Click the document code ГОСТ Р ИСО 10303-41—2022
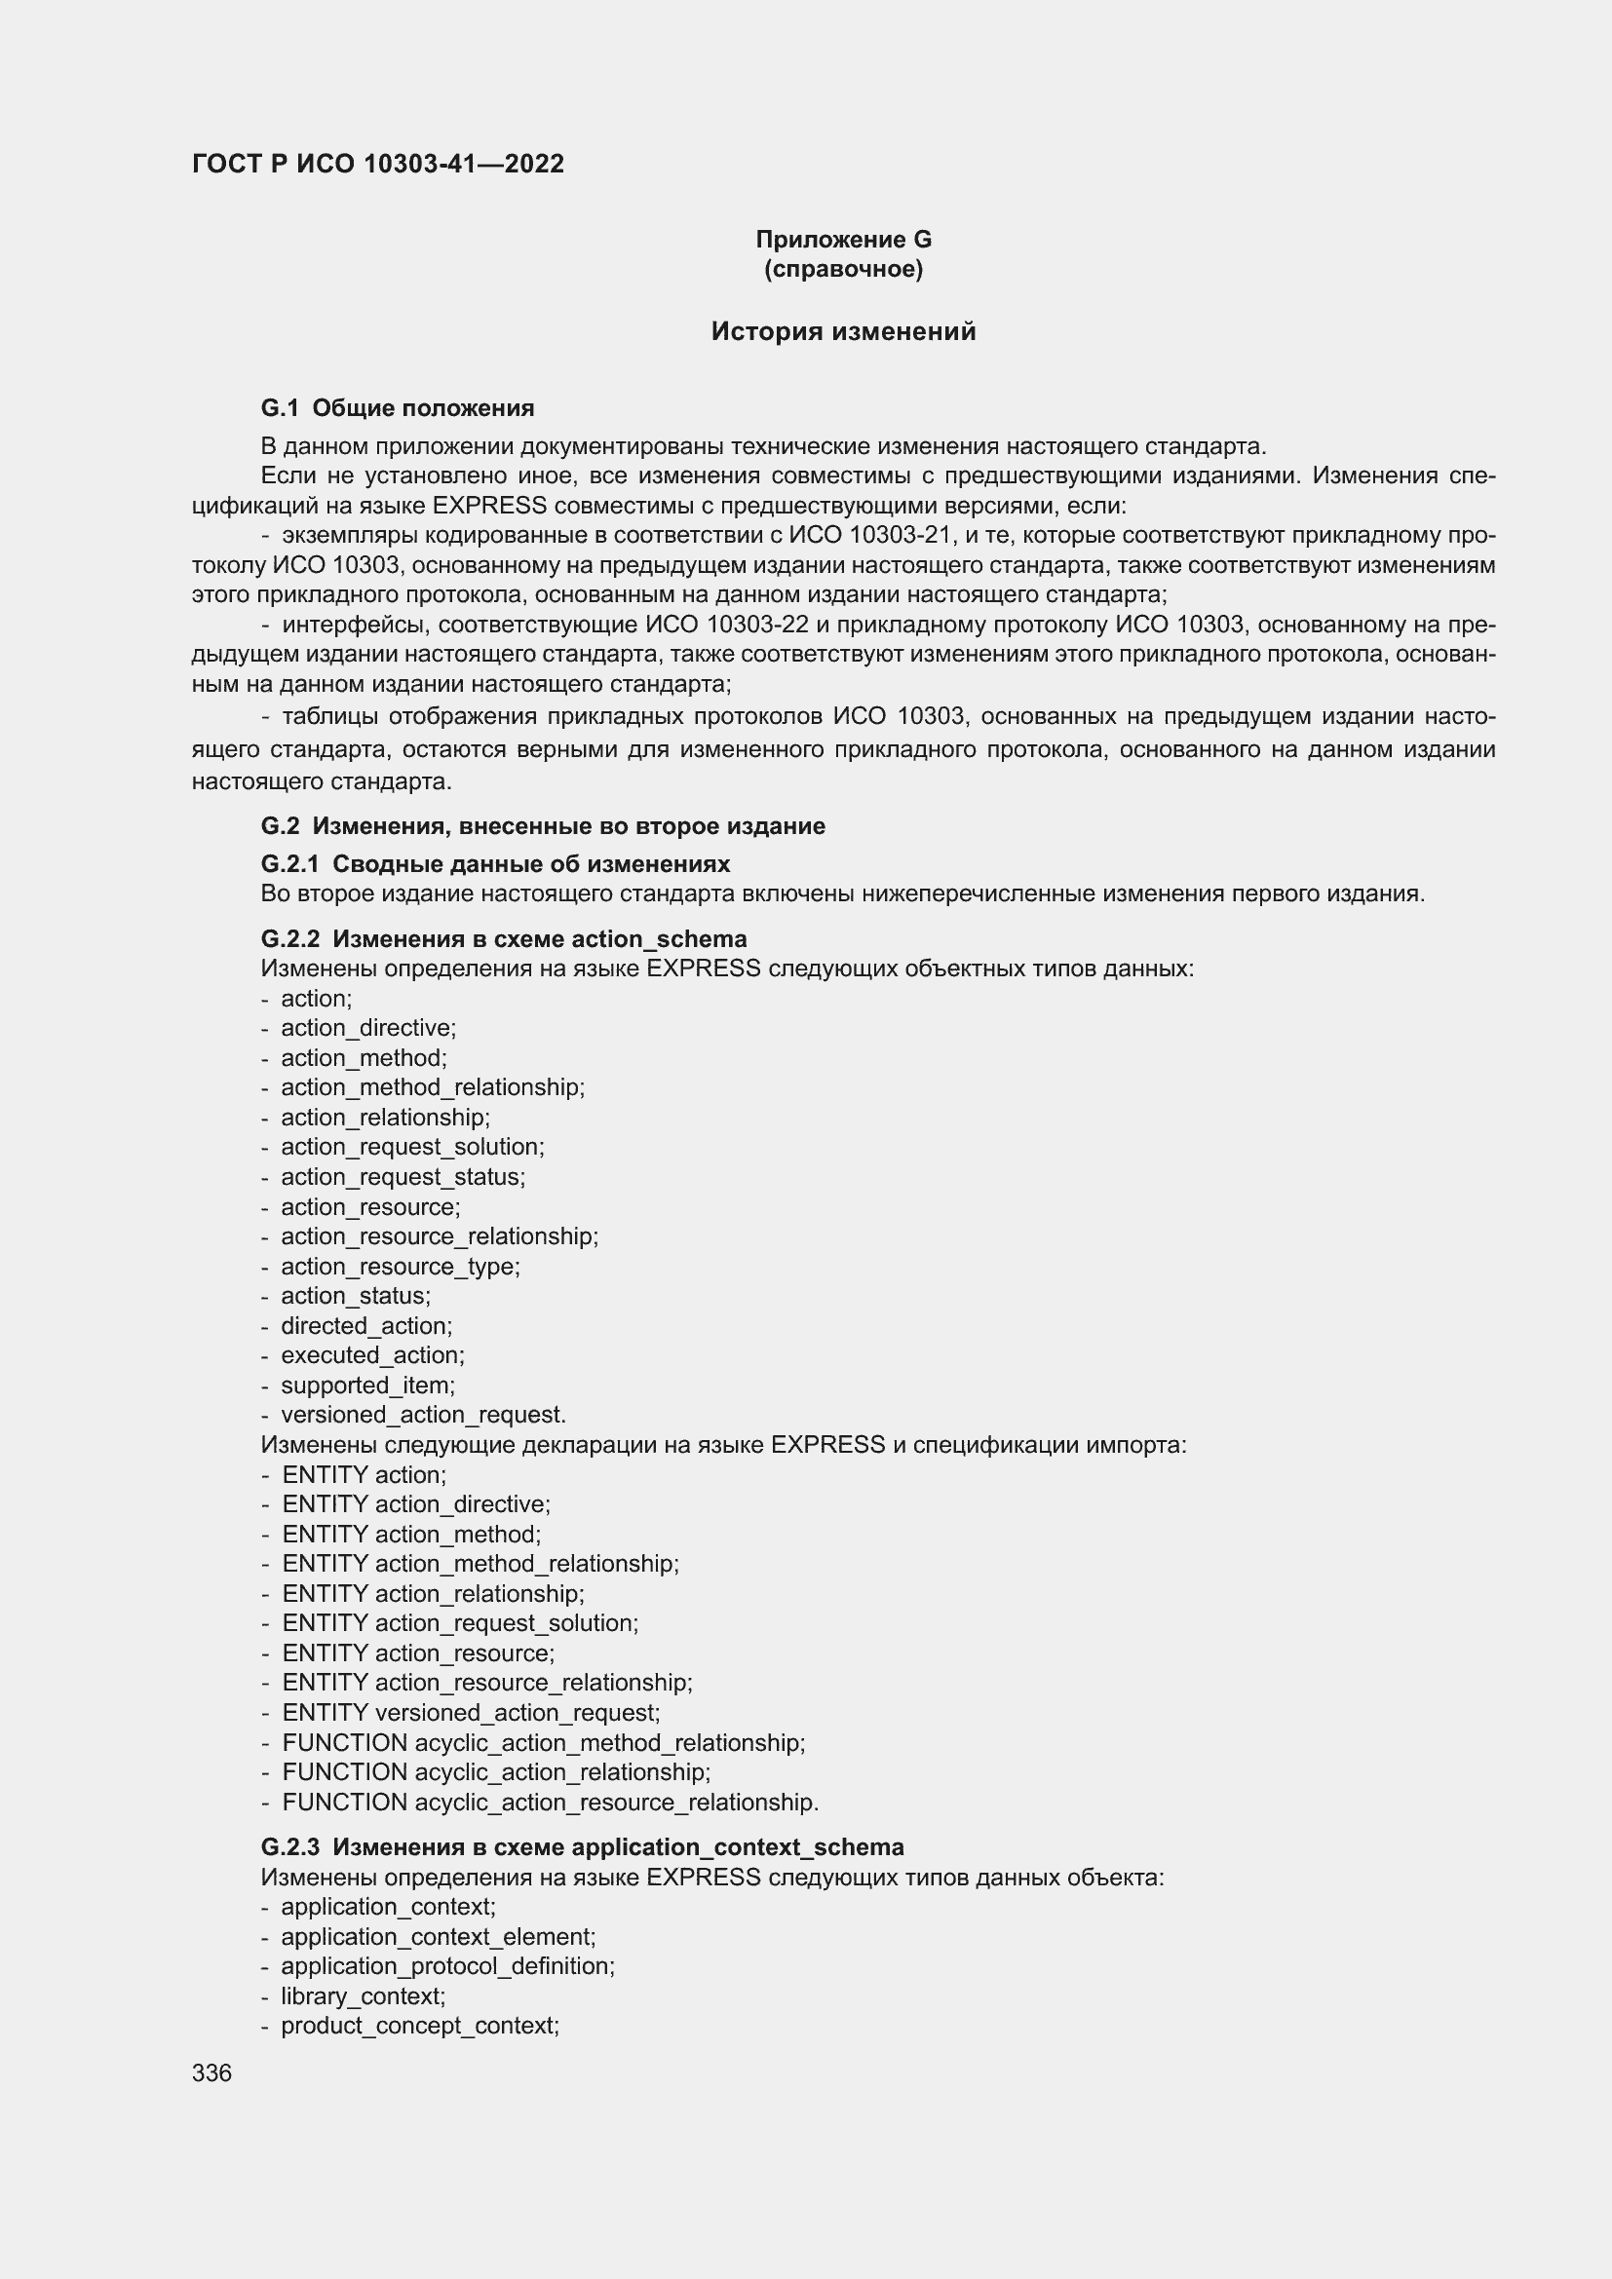tap(377, 164)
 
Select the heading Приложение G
tap(843, 240)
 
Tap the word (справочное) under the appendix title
tap(843, 269)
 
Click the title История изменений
tap(843, 331)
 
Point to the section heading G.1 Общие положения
tap(397, 408)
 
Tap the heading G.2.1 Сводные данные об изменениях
tap(495, 863)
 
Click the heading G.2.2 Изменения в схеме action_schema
tap(503, 939)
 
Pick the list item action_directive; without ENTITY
tap(367, 1028)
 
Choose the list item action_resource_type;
tap(399, 1267)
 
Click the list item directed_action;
tap(365, 1326)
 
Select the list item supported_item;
tap(367, 1386)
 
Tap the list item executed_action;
tap(372, 1356)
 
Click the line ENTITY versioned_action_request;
tap(470, 1713)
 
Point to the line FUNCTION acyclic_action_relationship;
tap(495, 1772)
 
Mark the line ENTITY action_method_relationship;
tap(480, 1565)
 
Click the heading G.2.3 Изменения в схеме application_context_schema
tap(582, 1847)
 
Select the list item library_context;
tap(363, 1996)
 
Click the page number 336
tap(211, 2073)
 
